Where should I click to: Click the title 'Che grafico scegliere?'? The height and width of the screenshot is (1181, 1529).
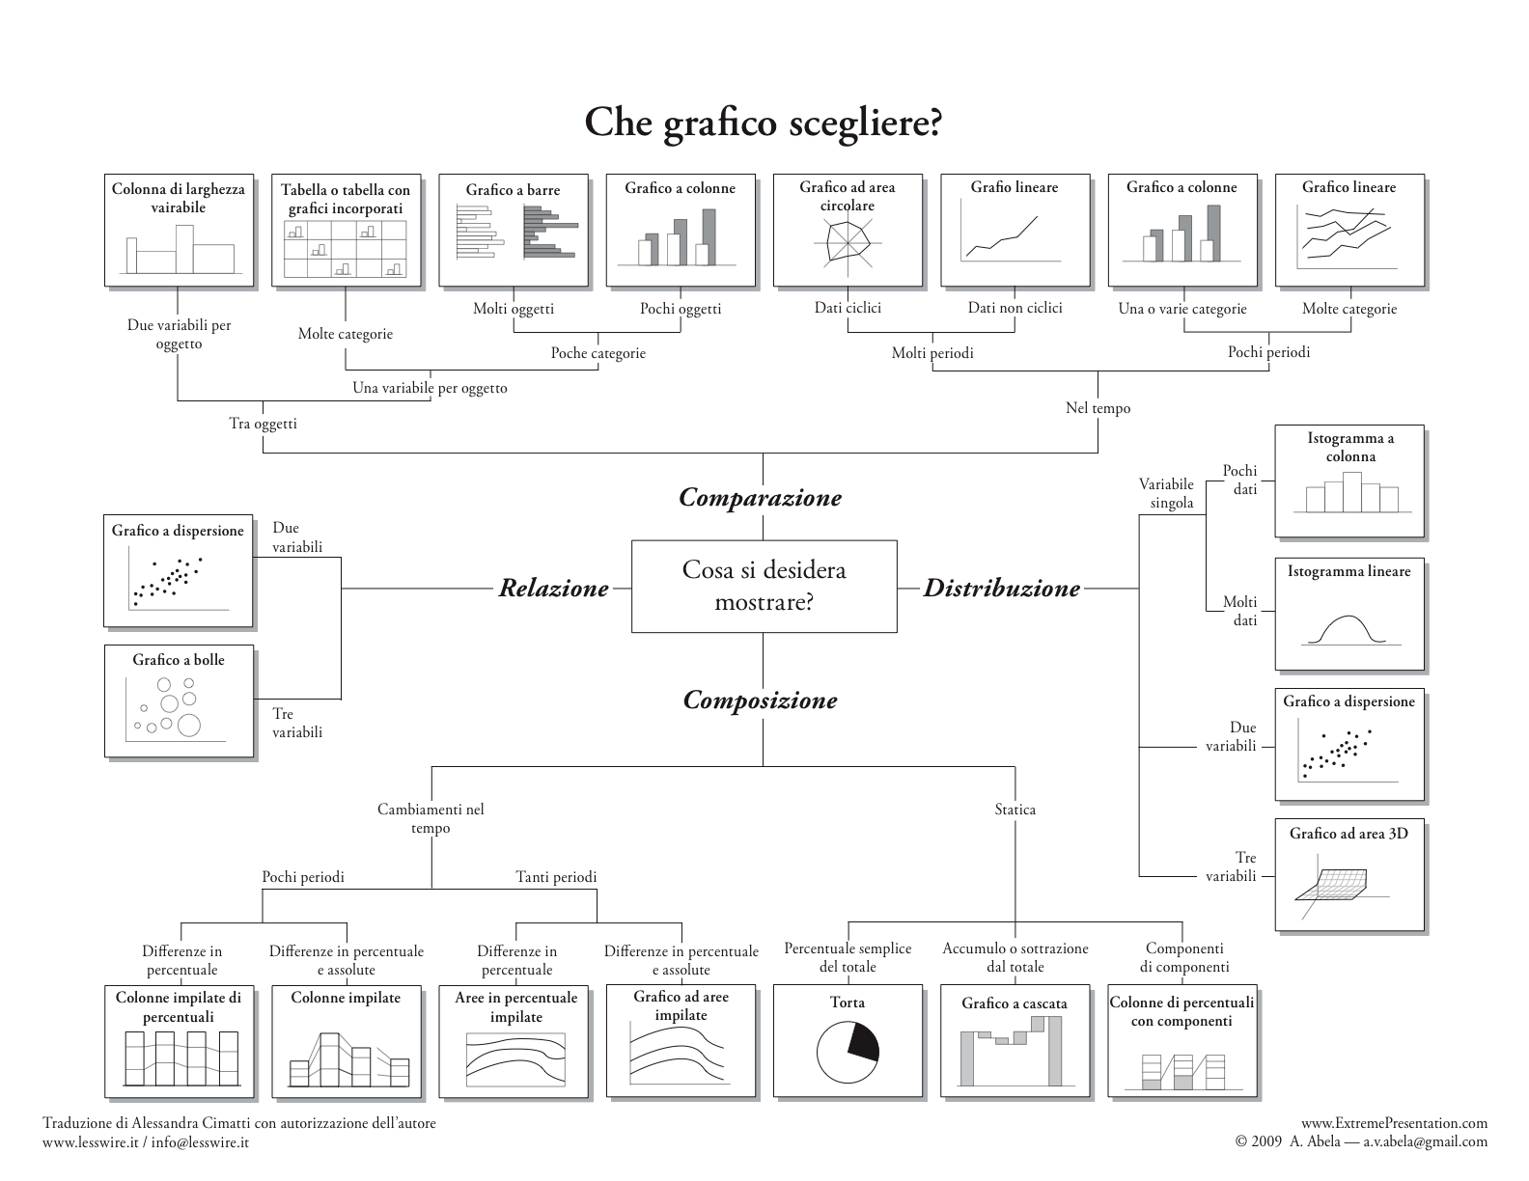(763, 124)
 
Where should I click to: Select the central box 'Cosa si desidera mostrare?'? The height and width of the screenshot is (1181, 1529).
(764, 586)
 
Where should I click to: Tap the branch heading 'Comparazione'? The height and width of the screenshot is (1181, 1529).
(760, 498)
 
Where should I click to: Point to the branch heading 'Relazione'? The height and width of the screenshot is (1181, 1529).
(553, 588)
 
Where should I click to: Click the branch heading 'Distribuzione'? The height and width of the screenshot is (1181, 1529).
(1001, 588)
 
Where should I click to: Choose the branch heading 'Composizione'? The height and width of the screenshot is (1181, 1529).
(760, 700)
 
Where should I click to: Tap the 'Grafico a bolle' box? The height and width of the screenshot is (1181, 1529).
(179, 700)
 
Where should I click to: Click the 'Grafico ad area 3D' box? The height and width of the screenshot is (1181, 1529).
(1348, 875)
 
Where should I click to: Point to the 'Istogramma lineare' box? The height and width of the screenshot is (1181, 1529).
(1348, 614)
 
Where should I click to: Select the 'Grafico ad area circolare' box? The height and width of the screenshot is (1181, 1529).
(848, 230)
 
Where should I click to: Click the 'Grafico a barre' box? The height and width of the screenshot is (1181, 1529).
(514, 230)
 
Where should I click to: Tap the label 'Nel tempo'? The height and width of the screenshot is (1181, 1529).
(1098, 408)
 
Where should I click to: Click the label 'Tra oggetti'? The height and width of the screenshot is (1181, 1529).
(263, 424)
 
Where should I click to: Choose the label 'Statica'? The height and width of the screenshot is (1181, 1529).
(1015, 810)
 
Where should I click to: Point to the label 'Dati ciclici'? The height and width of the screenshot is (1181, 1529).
(848, 308)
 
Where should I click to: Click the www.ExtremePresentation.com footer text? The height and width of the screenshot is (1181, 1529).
(1394, 1123)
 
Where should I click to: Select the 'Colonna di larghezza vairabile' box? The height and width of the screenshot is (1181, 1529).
(179, 230)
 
